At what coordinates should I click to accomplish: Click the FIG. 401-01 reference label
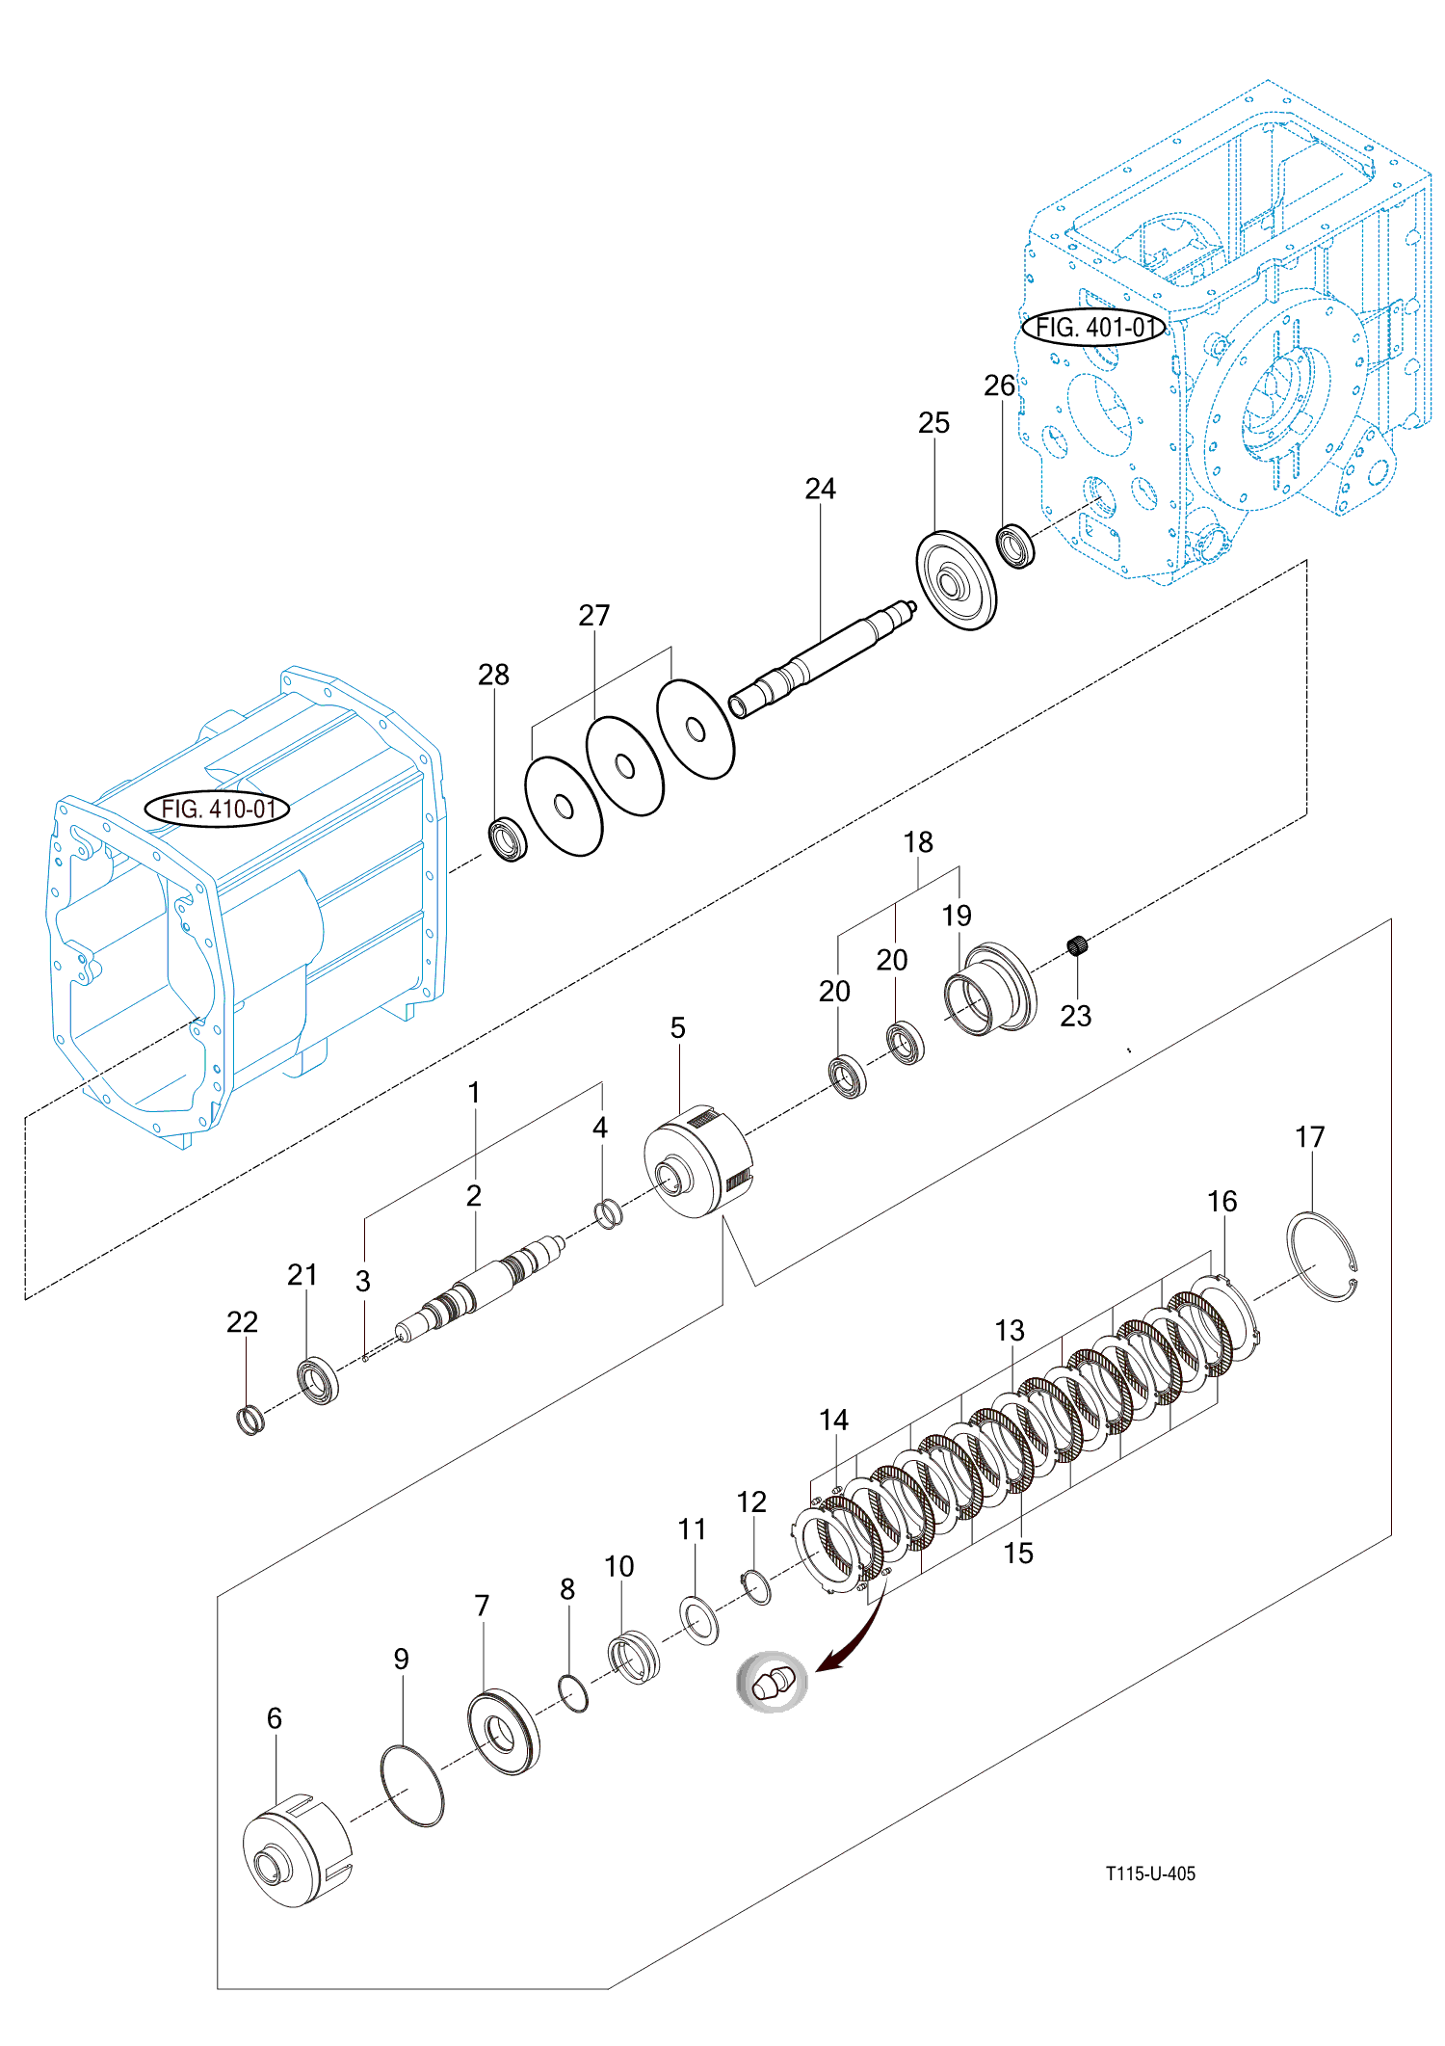[1094, 328]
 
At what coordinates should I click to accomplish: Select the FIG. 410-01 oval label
[217, 809]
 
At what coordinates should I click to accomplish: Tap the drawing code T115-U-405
[1150, 1873]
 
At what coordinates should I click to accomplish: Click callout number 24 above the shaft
[820, 489]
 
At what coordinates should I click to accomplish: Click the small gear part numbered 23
[1078, 946]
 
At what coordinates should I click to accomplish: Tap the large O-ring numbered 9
[412, 1785]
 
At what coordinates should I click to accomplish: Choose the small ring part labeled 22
[250, 1419]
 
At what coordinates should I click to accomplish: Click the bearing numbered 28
[508, 838]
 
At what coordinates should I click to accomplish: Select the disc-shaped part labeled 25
[955, 580]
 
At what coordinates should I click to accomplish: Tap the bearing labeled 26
[1014, 545]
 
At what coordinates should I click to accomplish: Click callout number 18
[918, 842]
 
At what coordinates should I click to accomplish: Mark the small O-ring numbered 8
[573, 1693]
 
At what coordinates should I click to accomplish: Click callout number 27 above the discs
[594, 615]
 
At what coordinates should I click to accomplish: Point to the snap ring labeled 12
[757, 1586]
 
